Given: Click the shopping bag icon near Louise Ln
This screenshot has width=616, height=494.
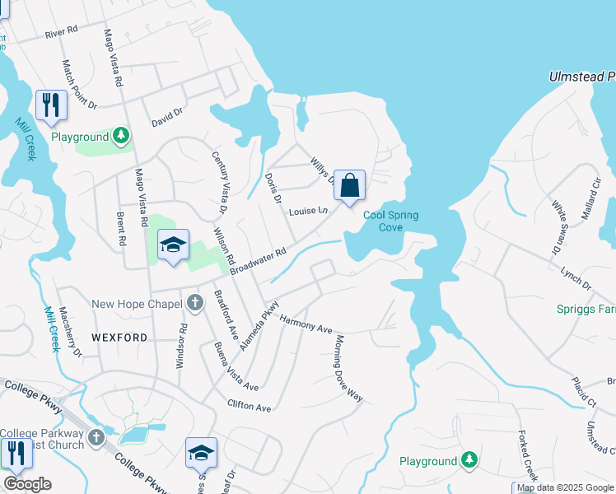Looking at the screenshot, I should pos(349,184).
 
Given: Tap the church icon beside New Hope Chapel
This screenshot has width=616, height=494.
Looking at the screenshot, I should pos(195,303).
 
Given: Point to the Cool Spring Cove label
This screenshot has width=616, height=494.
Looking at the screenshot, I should pos(391,221).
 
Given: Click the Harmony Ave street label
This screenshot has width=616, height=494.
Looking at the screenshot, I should pos(306,324).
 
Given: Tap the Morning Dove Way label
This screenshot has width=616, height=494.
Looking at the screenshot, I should pos(348,367).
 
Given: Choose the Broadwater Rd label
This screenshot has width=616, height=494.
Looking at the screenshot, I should pos(257,262).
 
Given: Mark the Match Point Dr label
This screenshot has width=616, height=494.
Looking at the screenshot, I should pos(80,84).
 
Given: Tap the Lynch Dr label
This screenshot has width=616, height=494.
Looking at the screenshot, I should pos(576,277).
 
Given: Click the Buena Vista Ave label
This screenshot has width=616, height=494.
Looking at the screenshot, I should pos(236,367).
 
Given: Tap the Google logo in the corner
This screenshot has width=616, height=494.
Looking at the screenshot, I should pos(26,484).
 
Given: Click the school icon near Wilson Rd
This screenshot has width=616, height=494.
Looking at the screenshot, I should pos(173,245).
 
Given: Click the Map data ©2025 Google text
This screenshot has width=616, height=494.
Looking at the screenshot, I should pos(565,487).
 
